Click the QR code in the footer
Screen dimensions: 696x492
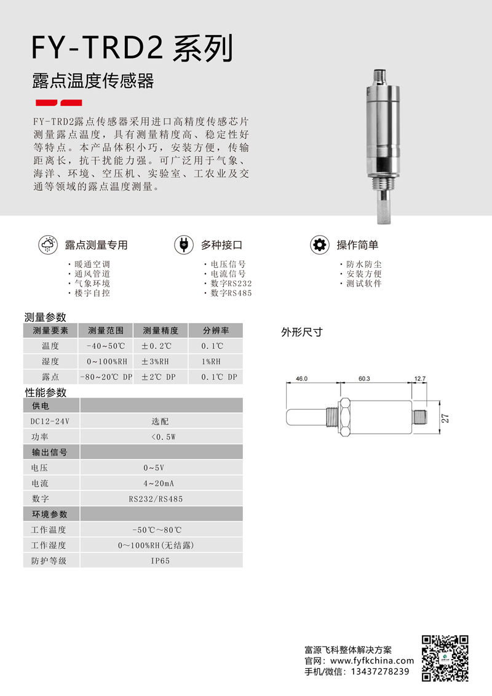point(445,657)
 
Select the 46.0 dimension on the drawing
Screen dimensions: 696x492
point(301,379)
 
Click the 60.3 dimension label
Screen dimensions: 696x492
point(363,379)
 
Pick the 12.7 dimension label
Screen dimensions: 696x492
point(421,379)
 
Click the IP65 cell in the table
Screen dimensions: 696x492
point(161,561)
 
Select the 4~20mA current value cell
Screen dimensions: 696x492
point(161,483)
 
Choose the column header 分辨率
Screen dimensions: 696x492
point(215,330)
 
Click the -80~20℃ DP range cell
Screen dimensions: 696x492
point(106,377)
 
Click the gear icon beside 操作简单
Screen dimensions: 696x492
point(319,244)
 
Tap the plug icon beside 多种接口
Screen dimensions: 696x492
point(183,244)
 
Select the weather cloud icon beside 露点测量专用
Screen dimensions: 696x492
point(47,244)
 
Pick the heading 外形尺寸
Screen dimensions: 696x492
point(302,332)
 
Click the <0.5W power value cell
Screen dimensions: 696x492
point(161,437)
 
